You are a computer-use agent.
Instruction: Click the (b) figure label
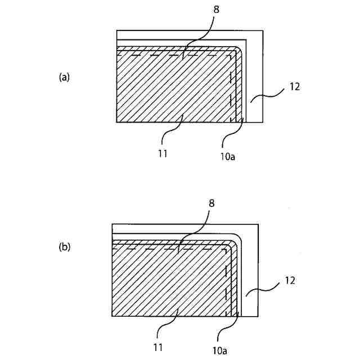point(64,246)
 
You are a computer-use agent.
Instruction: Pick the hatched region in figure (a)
point(169,90)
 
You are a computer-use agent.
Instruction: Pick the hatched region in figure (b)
point(163,281)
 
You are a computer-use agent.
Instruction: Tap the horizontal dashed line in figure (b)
point(169,247)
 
